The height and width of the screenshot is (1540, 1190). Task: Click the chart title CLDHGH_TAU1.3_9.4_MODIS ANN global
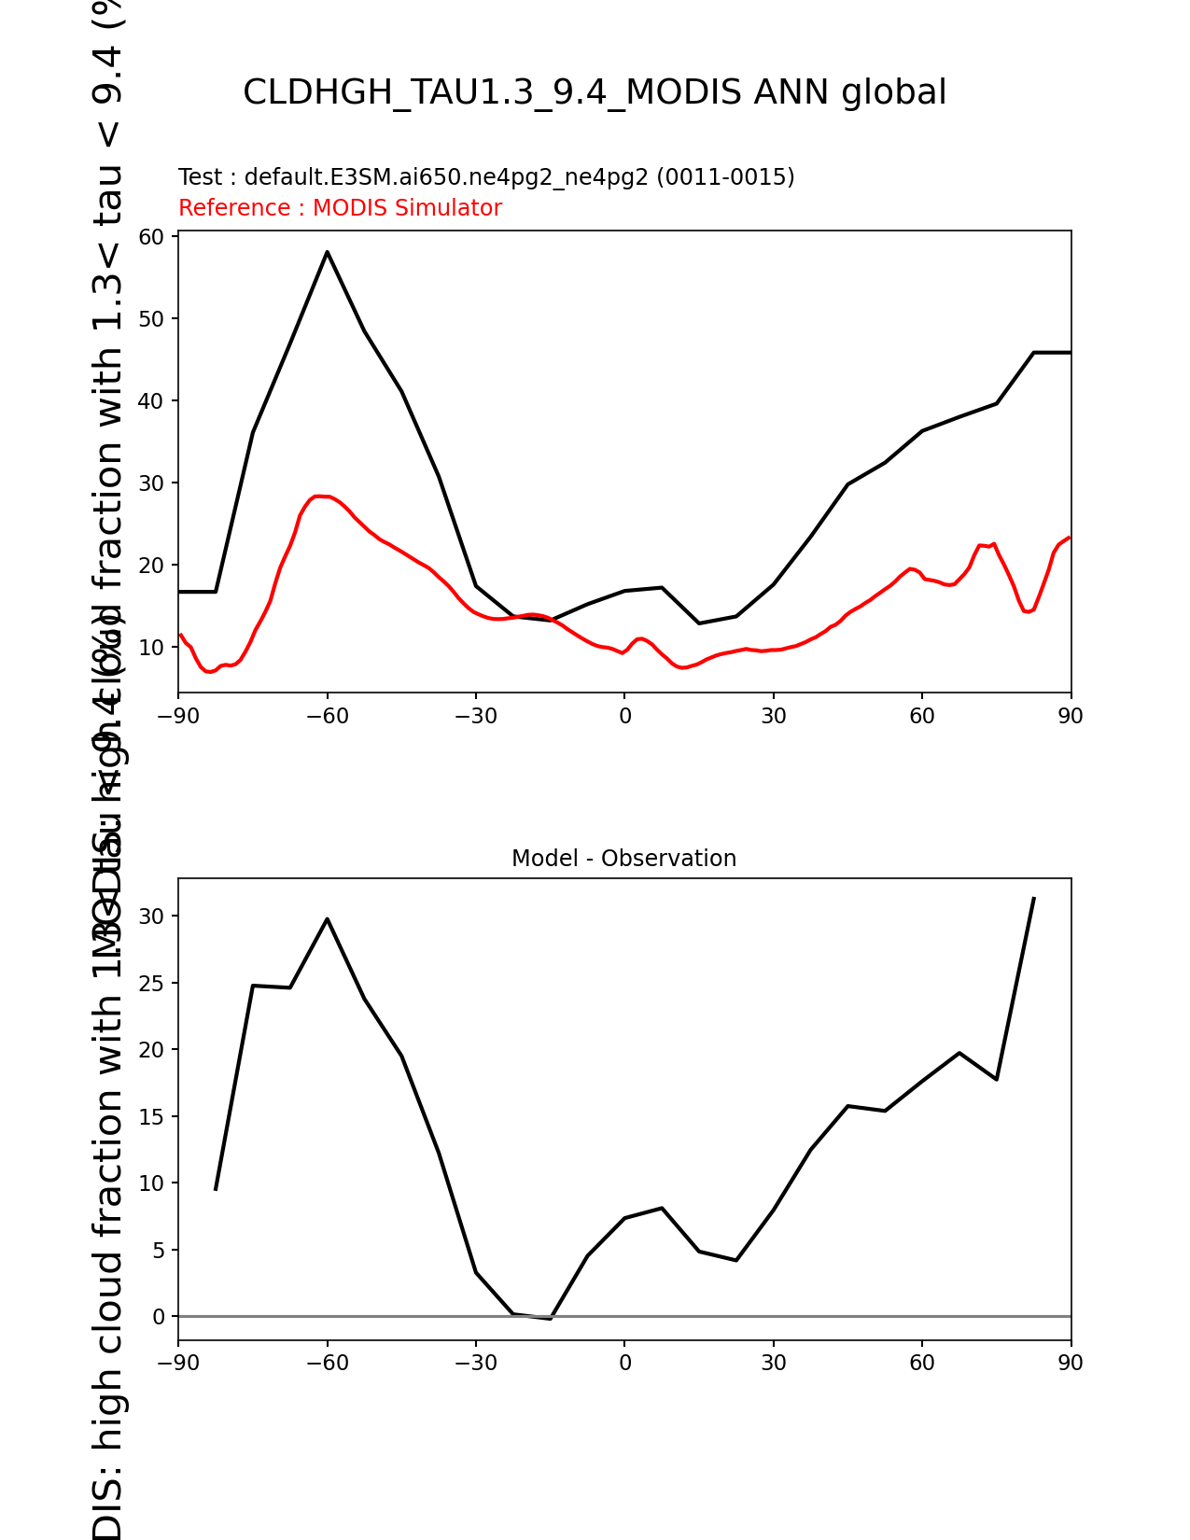[595, 92]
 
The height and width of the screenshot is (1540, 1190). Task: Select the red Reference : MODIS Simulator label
[340, 208]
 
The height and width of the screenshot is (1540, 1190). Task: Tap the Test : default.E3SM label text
[485, 177]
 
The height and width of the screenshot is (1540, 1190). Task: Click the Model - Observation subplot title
[623, 859]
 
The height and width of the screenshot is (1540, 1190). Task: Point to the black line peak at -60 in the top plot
[328, 252]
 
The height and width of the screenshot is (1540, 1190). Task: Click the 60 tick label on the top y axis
[151, 237]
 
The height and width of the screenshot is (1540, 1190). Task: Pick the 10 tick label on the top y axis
[151, 648]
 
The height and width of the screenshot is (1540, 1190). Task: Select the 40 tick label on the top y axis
[151, 401]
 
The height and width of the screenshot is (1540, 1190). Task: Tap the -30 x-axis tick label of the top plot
[475, 716]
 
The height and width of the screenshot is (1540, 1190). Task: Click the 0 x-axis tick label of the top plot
[624, 716]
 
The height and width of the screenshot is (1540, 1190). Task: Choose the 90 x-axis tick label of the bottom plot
[1071, 1364]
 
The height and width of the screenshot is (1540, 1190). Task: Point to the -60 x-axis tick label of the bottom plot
[327, 1364]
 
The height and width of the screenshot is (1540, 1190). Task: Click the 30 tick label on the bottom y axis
[151, 917]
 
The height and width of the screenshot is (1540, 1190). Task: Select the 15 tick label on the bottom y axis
[151, 1117]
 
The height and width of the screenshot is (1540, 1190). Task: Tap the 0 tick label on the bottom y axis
[159, 1317]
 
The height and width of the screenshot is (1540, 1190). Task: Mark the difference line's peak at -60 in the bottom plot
[328, 918]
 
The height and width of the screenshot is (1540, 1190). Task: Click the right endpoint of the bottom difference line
[1033, 898]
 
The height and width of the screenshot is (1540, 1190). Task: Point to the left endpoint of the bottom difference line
[216, 1189]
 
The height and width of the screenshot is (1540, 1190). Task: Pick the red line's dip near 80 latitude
[1027, 611]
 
